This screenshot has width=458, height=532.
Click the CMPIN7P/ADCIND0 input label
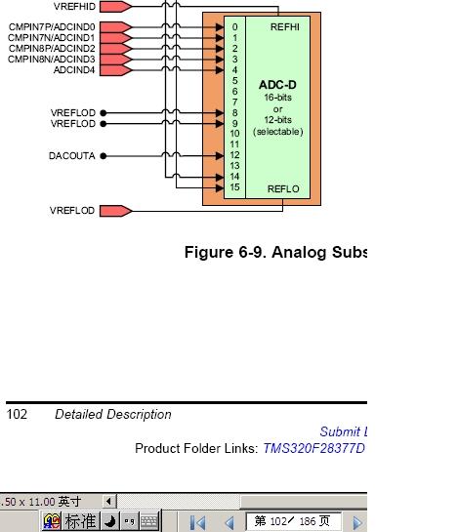[52, 26]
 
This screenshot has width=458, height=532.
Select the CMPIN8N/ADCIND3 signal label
[52, 60]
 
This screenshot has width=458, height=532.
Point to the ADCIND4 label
[74, 70]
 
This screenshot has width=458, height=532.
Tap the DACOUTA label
[72, 156]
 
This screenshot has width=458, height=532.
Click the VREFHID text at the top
[74, 6]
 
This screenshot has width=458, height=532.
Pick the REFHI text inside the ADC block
[285, 26]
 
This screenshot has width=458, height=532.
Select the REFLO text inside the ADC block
[283, 188]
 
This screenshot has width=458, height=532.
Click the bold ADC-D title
[277, 86]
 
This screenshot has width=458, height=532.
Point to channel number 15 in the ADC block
[234, 187]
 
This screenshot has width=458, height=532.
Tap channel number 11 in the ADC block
[234, 144]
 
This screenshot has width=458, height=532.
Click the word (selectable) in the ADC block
[277, 132]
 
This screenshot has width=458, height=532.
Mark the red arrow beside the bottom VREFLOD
[115, 211]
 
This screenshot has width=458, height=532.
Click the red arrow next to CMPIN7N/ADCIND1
[115, 37]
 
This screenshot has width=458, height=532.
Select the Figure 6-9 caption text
[274, 253]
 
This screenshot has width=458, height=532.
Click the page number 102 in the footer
[18, 414]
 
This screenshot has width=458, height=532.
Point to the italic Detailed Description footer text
[112, 414]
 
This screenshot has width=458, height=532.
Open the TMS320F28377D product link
[312, 448]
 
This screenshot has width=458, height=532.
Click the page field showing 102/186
[293, 522]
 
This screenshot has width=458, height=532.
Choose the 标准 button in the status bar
[80, 522]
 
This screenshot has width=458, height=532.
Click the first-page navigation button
[198, 522]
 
